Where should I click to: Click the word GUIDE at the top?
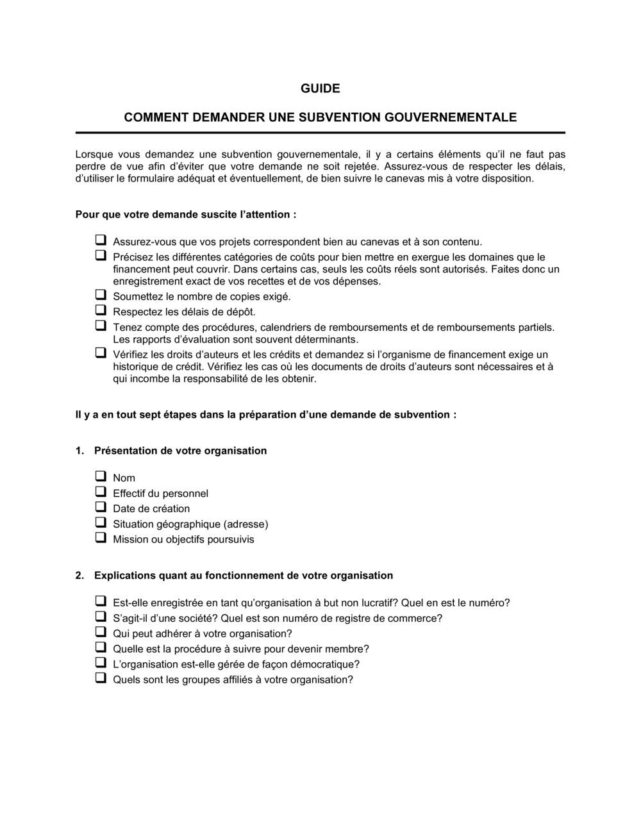tap(320, 88)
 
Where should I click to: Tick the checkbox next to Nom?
tap(101, 476)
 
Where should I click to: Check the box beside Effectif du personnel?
tap(101, 492)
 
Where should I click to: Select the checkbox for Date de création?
tap(101, 507)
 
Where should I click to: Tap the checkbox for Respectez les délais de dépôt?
tap(101, 310)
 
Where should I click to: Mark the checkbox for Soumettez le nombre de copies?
tap(101, 295)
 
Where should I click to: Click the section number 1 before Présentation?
tap(79, 451)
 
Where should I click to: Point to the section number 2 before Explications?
tap(79, 576)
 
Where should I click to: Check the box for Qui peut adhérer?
tap(101, 632)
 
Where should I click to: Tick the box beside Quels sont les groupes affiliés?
tap(101, 678)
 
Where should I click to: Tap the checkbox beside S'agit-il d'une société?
tap(101, 617)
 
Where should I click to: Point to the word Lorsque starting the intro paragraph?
tap(94, 155)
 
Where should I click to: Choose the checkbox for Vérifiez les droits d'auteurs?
tap(101, 353)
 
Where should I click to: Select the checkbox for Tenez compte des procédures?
tap(101, 326)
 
